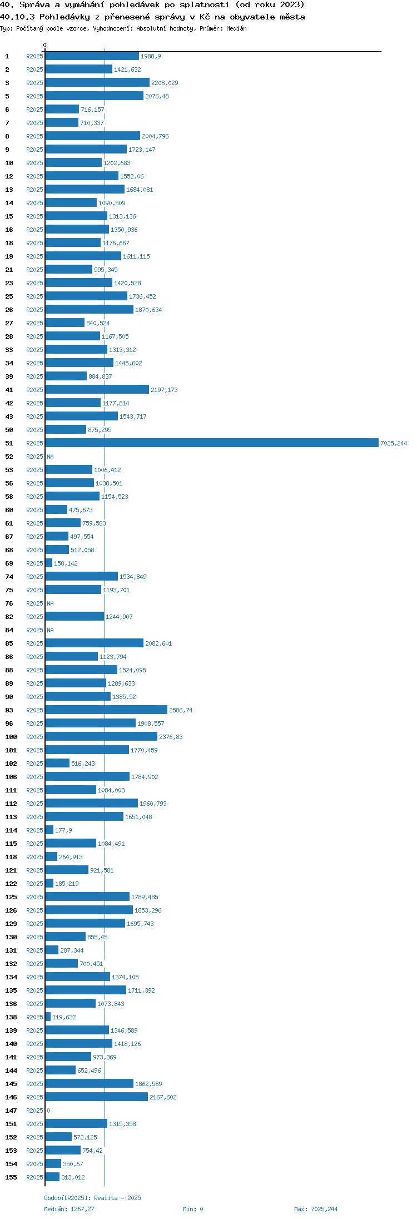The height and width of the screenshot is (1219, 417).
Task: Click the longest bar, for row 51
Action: pyautogui.click(x=212, y=443)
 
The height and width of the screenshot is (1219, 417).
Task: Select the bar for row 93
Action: pyautogui.click(x=106, y=710)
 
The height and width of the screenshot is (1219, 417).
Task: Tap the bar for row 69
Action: pyautogui.click(x=49, y=563)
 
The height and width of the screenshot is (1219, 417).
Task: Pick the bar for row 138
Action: pyautogui.click(x=48, y=1017)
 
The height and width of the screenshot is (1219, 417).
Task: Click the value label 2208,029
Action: pyautogui.click(x=165, y=83)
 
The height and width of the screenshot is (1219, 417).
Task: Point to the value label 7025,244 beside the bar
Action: pyautogui.click(x=394, y=443)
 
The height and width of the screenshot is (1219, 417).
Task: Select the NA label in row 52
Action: pyautogui.click(x=50, y=457)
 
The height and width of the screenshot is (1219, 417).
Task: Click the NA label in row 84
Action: pyautogui.click(x=50, y=630)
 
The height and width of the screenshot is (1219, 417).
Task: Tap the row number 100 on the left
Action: pyautogui.click(x=11, y=737)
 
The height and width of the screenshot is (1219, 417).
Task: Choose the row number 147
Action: pyautogui.click(x=11, y=1111)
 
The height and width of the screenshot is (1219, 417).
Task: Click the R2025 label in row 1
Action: pyautogui.click(x=34, y=56)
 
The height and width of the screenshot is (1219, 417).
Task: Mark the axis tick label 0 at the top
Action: pyautogui.click(x=45, y=45)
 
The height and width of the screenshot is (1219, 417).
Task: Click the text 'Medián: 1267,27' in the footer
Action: pyautogui.click(x=69, y=1208)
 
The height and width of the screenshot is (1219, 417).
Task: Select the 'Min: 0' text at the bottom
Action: pyautogui.click(x=193, y=1208)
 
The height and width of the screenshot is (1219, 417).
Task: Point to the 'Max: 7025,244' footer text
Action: pyautogui.click(x=316, y=1208)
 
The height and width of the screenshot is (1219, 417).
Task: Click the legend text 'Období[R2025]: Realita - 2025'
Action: pyautogui.click(x=92, y=1197)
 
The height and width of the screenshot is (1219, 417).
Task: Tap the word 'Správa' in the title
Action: pyautogui.click(x=34, y=5)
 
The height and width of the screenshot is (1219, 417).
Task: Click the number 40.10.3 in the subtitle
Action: pyautogui.click(x=18, y=17)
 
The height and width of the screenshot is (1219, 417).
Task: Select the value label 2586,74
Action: pyautogui.click(x=181, y=710)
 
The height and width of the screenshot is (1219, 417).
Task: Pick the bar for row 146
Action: pyautogui.click(x=97, y=1097)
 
